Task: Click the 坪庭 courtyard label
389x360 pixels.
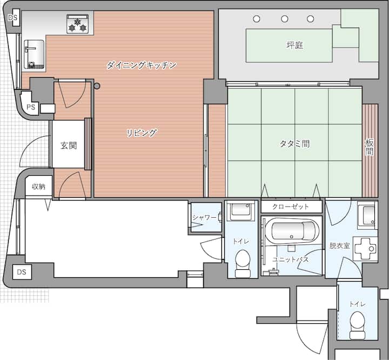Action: tap(295, 45)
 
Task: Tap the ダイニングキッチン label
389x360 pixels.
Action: tap(142, 65)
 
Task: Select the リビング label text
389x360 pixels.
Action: tap(142, 133)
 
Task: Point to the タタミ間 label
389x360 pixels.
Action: tap(294, 144)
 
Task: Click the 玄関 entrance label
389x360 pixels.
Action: tap(69, 145)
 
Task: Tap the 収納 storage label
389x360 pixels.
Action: tap(39, 186)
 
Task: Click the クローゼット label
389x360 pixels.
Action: tap(291, 206)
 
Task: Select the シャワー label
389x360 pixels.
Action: tap(204, 217)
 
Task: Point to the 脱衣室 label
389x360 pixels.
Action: tap(340, 245)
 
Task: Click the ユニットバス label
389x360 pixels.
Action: tap(290, 259)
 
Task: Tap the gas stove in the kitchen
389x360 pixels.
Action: tap(78, 24)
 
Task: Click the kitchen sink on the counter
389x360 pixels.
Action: tap(34, 55)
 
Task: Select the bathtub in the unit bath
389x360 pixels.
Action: tap(292, 231)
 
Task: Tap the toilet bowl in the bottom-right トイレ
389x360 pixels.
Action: tap(357, 325)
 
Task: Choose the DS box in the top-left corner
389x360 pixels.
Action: tap(13, 17)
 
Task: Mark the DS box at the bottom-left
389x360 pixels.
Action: tap(22, 272)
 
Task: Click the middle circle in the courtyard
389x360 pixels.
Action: tap(285, 18)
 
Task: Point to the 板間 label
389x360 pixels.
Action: tap(370, 147)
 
